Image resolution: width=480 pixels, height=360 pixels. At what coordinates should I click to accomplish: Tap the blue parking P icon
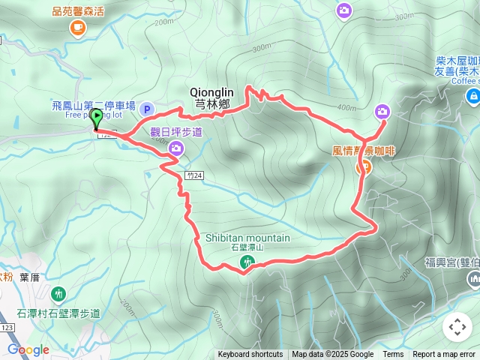pos(147,109)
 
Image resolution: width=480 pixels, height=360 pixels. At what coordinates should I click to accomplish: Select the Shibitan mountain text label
pos(247,238)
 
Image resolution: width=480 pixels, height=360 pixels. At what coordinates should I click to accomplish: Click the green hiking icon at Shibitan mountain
pos(247,262)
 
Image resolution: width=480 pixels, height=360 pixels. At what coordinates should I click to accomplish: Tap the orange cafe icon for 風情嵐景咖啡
pos(363,166)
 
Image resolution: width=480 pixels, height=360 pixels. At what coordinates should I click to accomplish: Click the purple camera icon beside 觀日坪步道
pos(177,148)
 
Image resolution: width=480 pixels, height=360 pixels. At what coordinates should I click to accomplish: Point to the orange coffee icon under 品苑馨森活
pos(77,28)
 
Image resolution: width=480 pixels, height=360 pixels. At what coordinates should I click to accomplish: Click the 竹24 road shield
pos(195,174)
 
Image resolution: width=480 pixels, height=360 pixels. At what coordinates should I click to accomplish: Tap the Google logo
pos(28,349)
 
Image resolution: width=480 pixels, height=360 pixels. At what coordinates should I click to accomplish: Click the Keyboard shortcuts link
pos(250,355)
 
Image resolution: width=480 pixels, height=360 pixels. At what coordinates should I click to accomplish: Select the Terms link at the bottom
pos(393,355)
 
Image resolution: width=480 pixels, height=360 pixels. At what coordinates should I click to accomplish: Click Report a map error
pos(444,355)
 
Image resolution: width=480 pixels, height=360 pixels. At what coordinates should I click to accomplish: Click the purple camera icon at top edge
pos(343,10)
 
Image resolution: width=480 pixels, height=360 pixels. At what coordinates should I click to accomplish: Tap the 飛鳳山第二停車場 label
pos(94,106)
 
